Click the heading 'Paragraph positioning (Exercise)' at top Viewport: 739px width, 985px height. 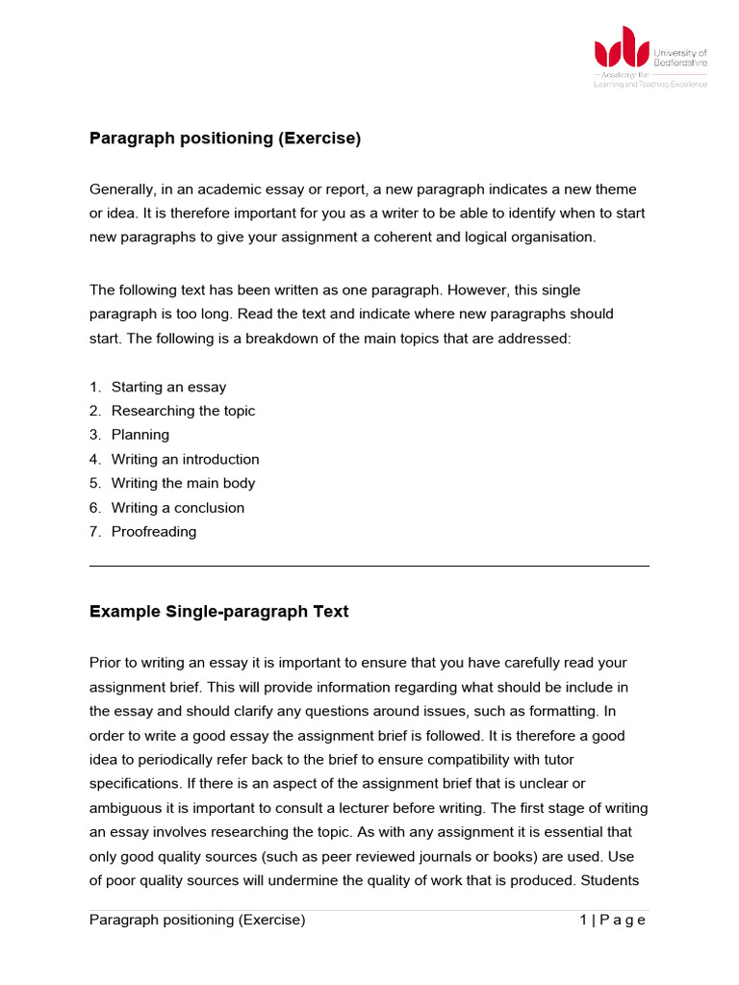pyautogui.click(x=224, y=139)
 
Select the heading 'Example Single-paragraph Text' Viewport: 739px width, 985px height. pyautogui.click(x=218, y=612)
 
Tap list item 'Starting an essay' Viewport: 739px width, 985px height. pyautogui.click(x=168, y=387)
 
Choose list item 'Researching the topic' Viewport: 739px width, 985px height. pyautogui.click(x=183, y=411)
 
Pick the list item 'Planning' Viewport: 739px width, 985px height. pyautogui.click(x=140, y=435)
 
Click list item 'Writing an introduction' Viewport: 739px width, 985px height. pyautogui.click(x=185, y=459)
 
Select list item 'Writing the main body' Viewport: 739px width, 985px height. pyautogui.click(x=183, y=483)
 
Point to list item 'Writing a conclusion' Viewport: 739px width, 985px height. pyautogui.click(x=178, y=507)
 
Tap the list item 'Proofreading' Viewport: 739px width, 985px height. pyautogui.click(x=153, y=531)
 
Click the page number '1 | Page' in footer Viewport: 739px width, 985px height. pyautogui.click(x=612, y=920)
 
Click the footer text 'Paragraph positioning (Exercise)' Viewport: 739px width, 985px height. pyautogui.click(x=197, y=920)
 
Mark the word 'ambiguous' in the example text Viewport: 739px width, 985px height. pyautogui.click(x=125, y=807)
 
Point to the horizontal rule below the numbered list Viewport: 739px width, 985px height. pyautogui.click(x=369, y=567)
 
